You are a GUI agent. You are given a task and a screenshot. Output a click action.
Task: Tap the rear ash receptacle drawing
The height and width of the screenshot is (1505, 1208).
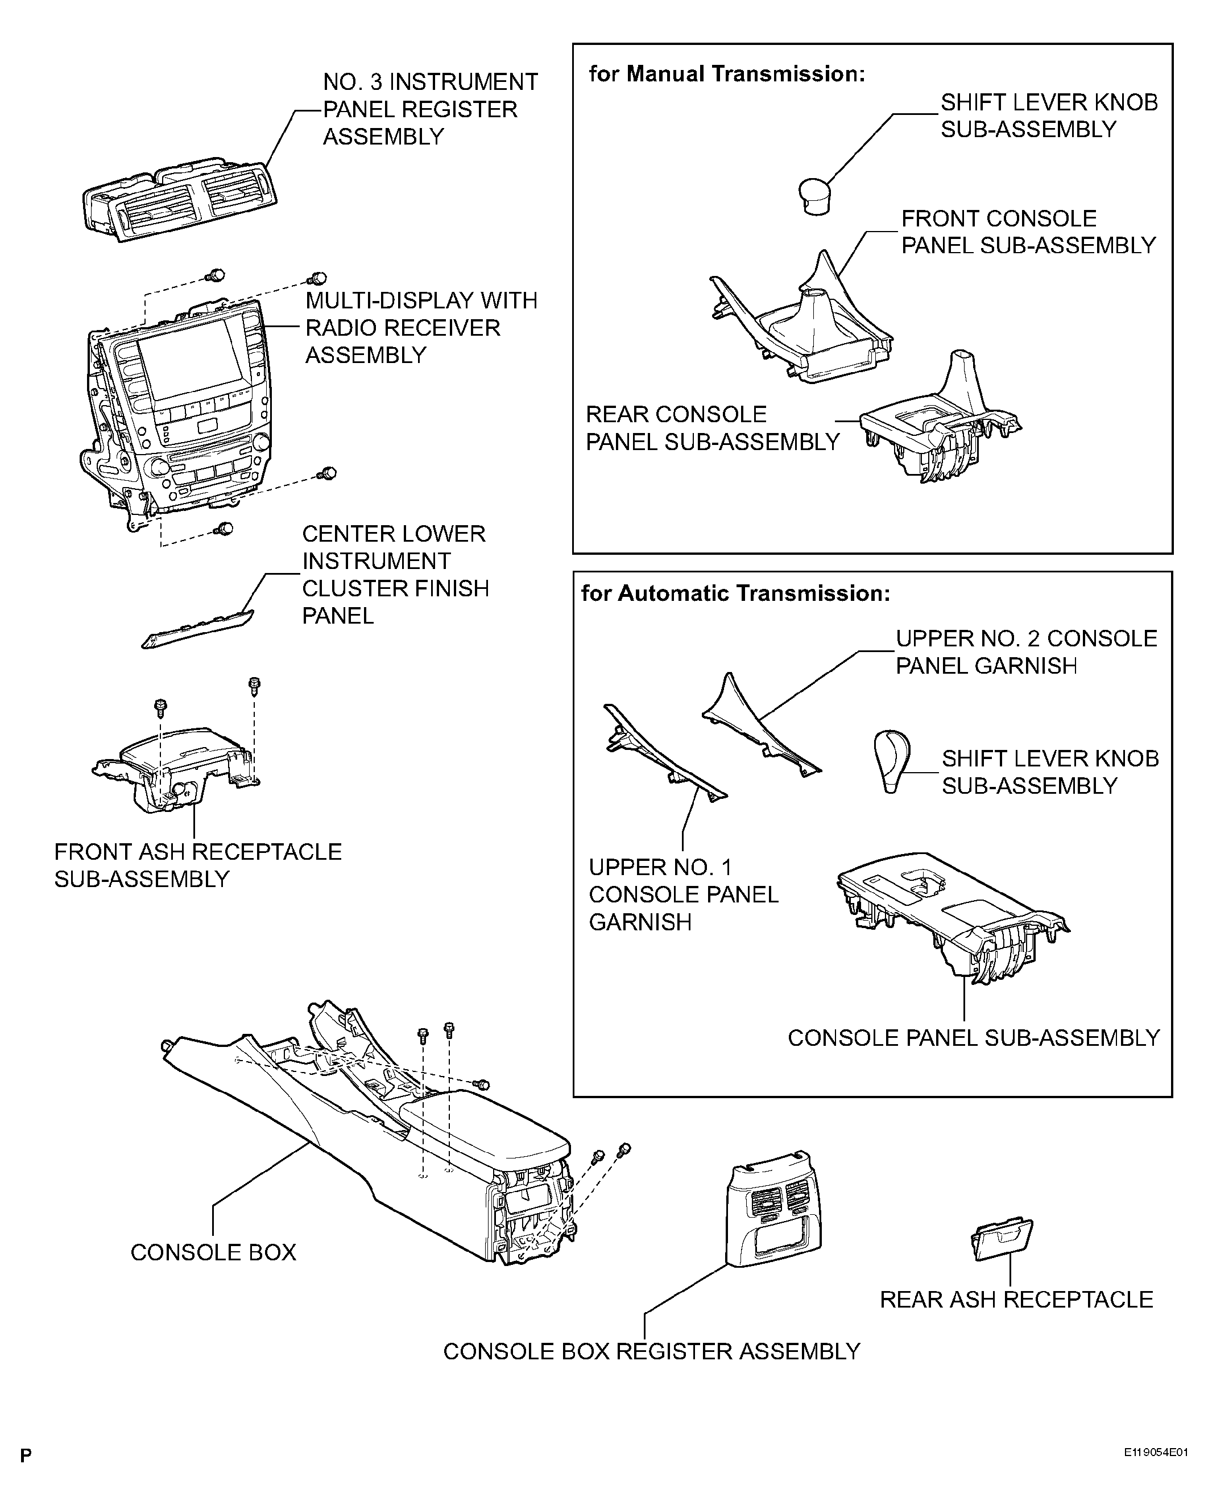click(1002, 1239)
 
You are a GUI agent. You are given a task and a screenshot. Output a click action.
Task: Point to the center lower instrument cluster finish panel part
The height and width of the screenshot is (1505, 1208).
click(198, 628)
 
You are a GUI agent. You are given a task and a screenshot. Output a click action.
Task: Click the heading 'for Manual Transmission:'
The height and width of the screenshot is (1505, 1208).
click(726, 74)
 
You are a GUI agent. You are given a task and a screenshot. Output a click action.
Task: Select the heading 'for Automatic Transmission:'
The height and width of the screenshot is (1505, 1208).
click(735, 593)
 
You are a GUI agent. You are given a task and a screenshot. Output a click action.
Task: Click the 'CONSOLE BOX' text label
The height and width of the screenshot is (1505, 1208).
click(213, 1252)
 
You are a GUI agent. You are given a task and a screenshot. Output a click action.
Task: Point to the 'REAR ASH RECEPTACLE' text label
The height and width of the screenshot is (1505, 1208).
click(1016, 1299)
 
